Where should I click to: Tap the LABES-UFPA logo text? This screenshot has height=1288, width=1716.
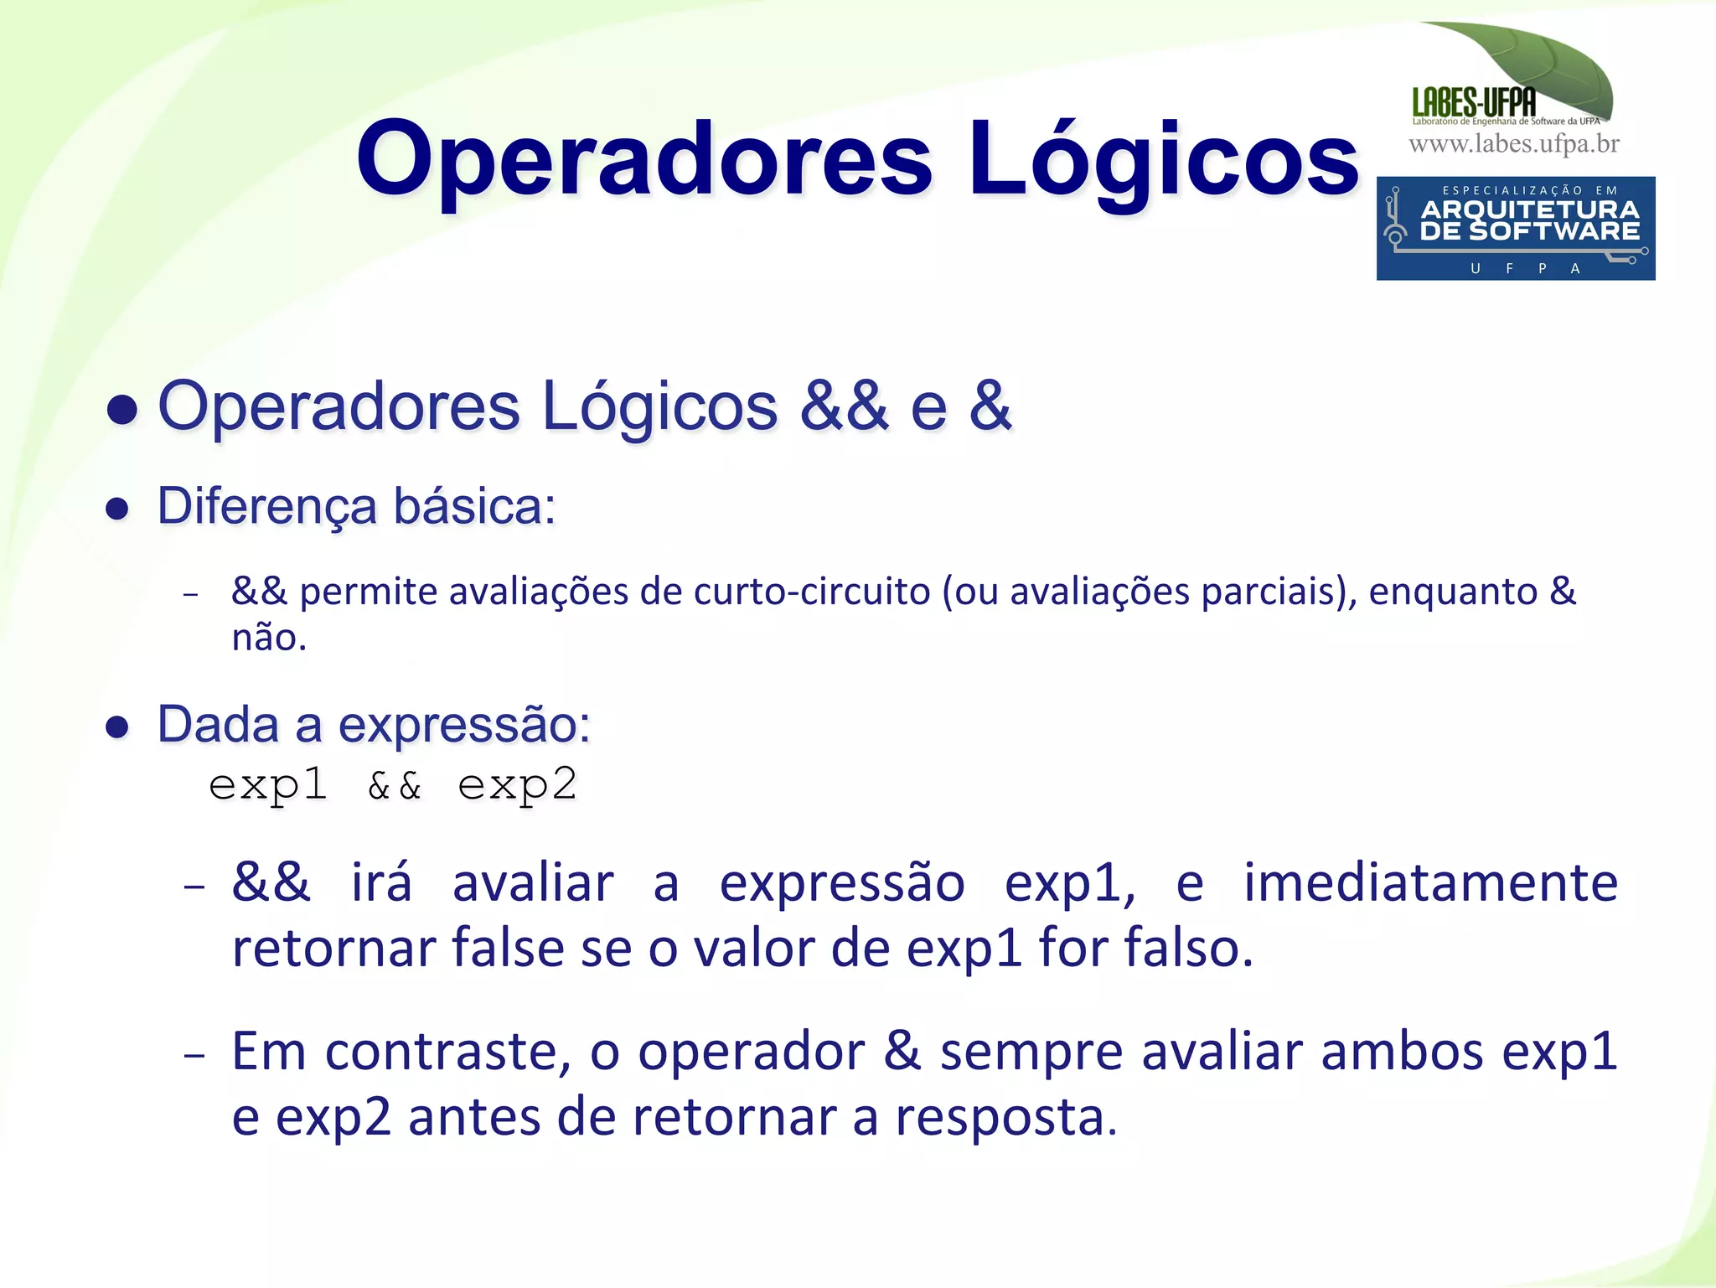coord(1474,103)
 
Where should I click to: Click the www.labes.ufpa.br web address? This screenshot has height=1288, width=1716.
coord(1514,144)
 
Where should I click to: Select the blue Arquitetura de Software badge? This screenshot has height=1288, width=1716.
coord(1515,228)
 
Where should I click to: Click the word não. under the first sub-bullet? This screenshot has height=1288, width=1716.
coord(269,638)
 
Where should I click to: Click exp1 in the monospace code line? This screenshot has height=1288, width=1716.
coord(267,786)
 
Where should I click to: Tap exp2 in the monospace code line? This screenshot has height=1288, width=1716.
coord(517,786)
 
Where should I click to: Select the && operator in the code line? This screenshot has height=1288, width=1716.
coord(394,786)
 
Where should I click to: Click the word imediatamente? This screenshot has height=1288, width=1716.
coord(1429,883)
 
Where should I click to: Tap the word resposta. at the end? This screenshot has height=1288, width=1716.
coord(1005,1118)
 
